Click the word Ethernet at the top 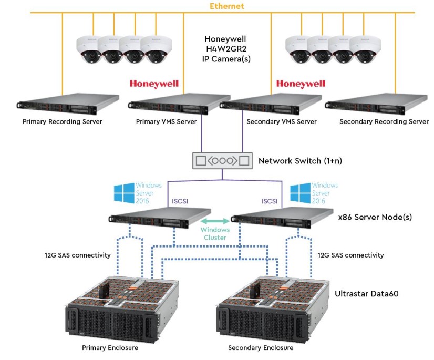click(x=227, y=6)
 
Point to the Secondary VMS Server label click(x=282, y=121)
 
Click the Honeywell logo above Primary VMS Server click(x=154, y=84)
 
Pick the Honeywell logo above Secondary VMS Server click(x=301, y=84)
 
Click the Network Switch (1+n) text click(x=300, y=161)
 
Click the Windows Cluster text click(x=214, y=234)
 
